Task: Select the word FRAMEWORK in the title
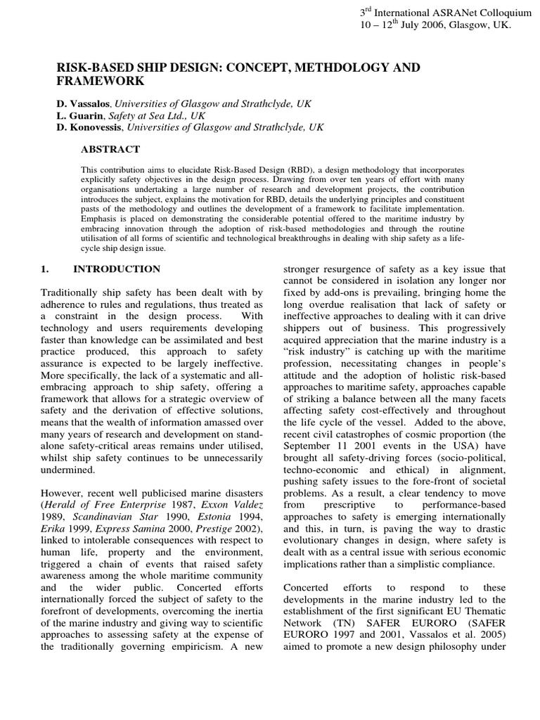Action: (x=96, y=81)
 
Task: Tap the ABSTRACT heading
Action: (x=110, y=149)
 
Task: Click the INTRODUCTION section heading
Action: (x=117, y=269)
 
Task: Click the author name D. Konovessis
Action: (x=90, y=127)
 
